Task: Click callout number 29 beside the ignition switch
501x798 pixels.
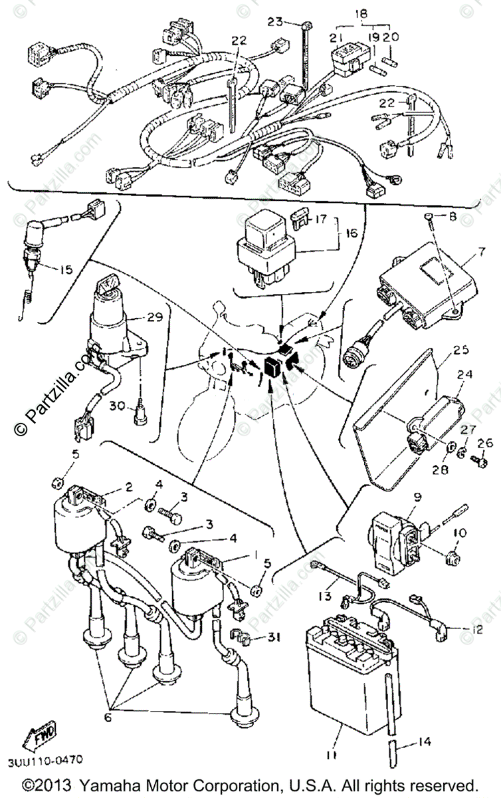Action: pos(155,318)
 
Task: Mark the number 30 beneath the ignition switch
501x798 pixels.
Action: pos(116,406)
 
